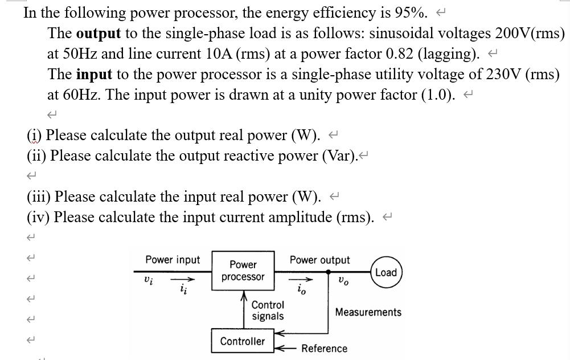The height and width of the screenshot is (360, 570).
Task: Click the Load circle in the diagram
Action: (x=386, y=272)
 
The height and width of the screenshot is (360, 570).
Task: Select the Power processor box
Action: (x=243, y=271)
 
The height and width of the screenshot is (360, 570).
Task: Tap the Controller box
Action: (x=243, y=341)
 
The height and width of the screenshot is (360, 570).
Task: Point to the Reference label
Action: (x=324, y=349)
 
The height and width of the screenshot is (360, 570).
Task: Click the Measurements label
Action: (x=368, y=312)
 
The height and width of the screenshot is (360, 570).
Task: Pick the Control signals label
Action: (x=268, y=310)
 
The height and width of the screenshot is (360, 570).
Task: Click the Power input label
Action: (x=173, y=260)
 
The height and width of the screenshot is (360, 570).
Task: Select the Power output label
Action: (x=319, y=260)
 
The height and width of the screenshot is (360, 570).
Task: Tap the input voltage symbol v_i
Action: (x=149, y=280)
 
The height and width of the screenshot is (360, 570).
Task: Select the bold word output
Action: (x=98, y=33)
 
